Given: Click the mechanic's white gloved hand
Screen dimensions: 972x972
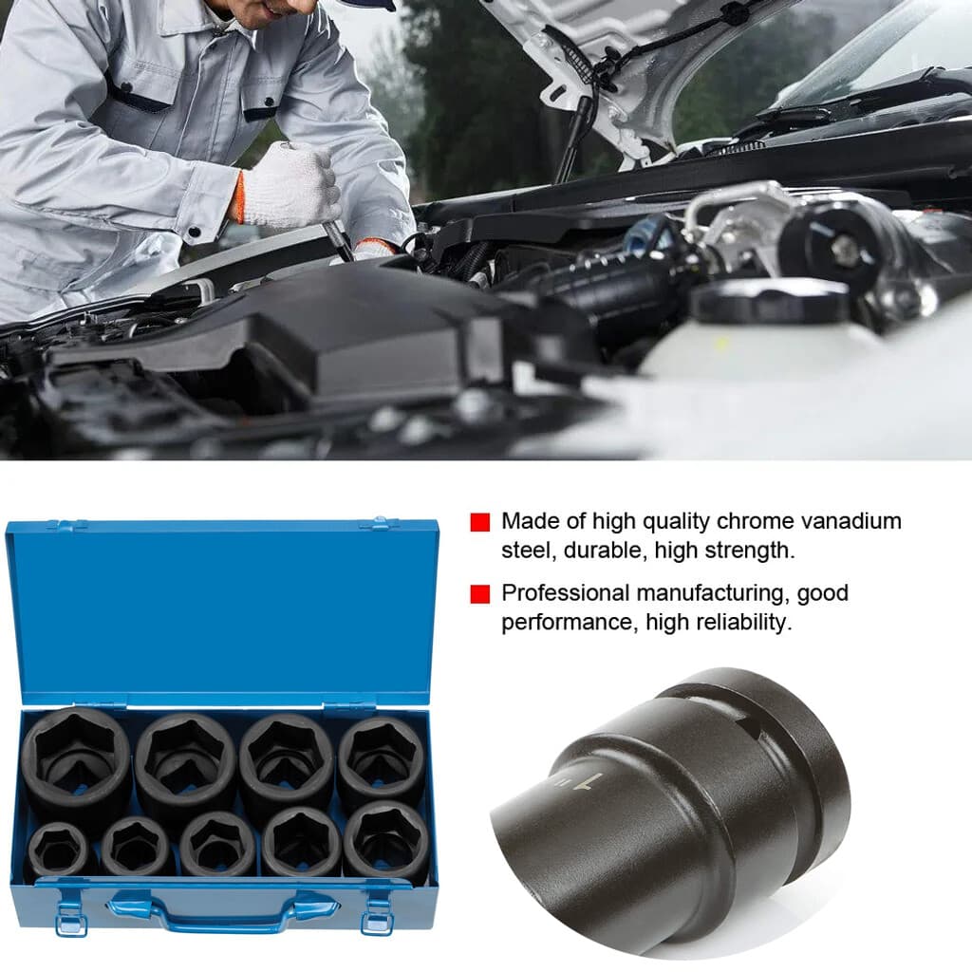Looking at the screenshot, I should tap(290, 186).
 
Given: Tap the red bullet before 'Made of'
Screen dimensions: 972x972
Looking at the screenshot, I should tap(480, 522).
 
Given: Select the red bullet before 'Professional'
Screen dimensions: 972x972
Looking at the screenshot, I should tap(480, 594).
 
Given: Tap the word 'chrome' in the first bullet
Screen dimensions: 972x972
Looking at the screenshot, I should tap(753, 521).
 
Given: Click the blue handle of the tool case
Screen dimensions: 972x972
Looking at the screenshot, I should tap(224, 910).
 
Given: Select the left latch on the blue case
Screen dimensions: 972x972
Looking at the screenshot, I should tap(69, 913).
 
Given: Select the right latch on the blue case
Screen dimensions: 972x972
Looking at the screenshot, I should tap(377, 913).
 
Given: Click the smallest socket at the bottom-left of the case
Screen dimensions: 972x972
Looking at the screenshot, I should tap(58, 849).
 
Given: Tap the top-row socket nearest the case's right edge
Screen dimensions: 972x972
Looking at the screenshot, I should tap(382, 759).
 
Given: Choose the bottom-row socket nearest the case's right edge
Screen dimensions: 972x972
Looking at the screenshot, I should tap(386, 839).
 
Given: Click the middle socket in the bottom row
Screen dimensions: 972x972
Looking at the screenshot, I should tap(217, 844).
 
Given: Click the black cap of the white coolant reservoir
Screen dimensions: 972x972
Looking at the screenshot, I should tap(770, 302).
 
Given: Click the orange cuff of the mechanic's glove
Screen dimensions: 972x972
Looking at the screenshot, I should tap(237, 197).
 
